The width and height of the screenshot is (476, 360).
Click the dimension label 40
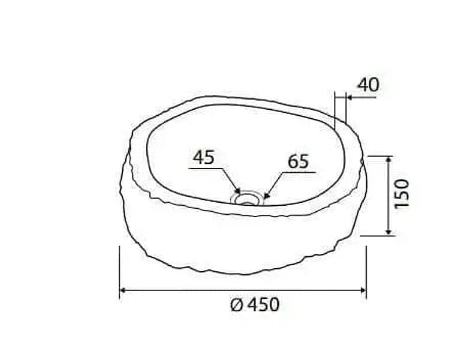tap(368, 85)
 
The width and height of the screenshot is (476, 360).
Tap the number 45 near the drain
tap(204, 157)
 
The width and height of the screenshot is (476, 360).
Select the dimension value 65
tap(298, 161)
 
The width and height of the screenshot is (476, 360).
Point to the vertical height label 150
tap(402, 194)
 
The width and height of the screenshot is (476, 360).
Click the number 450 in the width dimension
tap(263, 305)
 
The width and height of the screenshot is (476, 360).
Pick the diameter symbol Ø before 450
tap(237, 305)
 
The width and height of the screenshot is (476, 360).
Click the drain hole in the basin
tap(248, 199)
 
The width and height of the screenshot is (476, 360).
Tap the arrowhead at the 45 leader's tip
tap(237, 191)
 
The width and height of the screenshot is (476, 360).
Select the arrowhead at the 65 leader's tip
tap(266, 196)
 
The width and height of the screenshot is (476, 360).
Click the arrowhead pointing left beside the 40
tap(350, 97)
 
